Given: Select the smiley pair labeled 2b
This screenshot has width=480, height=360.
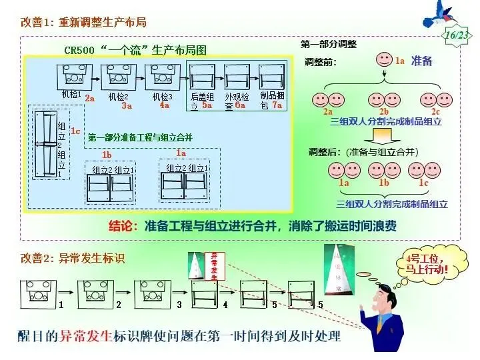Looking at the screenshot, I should [384, 100].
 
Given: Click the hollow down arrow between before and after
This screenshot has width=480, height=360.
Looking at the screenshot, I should [384, 135].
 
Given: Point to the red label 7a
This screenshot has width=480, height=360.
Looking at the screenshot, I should [277, 105].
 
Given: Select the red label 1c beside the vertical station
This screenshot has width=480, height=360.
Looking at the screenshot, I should [75, 131].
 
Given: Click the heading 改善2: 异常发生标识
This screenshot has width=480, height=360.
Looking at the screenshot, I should [73, 257].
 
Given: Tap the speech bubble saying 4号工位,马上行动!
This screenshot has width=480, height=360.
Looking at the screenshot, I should [427, 266].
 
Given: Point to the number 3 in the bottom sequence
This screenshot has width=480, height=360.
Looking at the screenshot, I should [179, 305].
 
